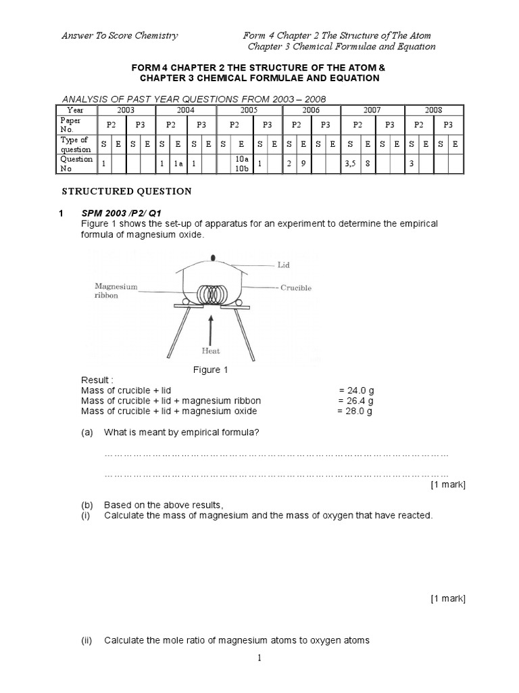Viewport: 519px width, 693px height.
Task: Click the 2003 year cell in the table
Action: (126, 109)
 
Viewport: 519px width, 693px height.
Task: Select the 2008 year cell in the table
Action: (432, 109)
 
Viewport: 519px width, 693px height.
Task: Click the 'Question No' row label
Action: (76, 163)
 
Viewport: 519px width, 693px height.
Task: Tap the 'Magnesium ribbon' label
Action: (116, 291)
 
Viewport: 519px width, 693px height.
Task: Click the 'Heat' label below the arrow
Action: (212, 351)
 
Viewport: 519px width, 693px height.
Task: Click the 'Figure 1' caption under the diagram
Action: (207, 370)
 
